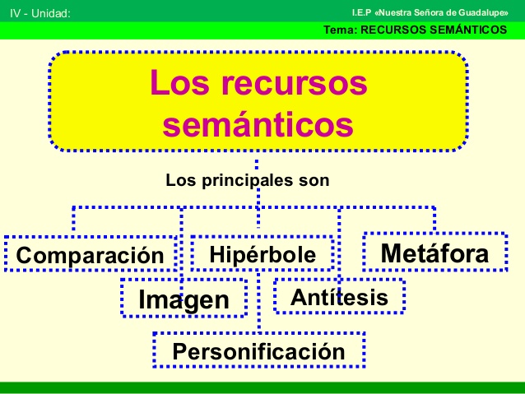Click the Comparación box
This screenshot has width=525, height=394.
click(x=91, y=253)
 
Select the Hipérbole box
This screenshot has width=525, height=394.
click(x=262, y=253)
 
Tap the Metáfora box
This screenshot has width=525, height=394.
click(x=435, y=252)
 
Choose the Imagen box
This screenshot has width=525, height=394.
click(x=184, y=298)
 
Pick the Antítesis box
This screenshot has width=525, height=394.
click(x=339, y=296)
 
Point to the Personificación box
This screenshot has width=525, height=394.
click(x=259, y=350)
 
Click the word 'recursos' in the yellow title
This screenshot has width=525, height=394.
click(x=294, y=83)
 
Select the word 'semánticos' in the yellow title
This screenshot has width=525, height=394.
click(x=258, y=125)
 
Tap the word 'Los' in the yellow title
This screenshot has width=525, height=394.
click(x=179, y=82)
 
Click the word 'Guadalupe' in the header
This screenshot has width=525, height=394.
click(x=483, y=12)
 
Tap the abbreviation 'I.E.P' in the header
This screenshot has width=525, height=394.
click(x=361, y=12)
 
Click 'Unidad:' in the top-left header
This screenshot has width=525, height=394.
click(x=51, y=13)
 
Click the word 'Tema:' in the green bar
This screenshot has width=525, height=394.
click(x=340, y=30)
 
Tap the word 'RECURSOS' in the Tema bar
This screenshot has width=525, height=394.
click(x=393, y=30)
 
